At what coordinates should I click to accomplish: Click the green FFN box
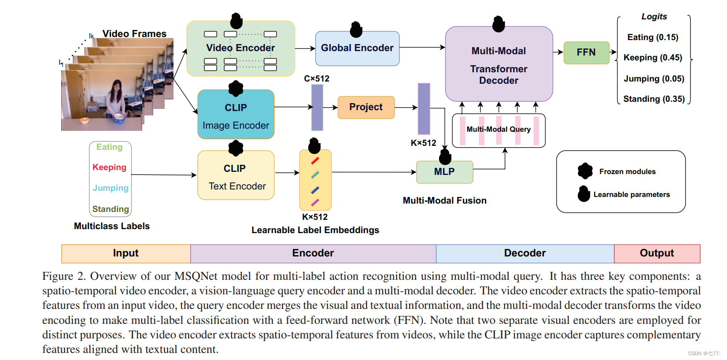point(586,52)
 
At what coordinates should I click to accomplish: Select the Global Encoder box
point(357,48)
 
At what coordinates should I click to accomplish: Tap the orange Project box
point(365,107)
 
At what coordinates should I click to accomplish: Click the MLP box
point(444,172)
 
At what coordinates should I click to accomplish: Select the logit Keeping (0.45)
point(653,58)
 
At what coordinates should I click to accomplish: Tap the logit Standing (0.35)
point(653,99)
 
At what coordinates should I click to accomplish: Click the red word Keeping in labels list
point(109,167)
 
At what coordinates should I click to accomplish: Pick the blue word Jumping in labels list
point(111,188)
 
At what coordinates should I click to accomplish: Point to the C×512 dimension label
point(316,79)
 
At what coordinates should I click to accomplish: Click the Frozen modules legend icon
point(585,171)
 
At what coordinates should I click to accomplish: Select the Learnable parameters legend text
point(631,195)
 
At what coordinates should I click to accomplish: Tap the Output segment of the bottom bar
point(657,253)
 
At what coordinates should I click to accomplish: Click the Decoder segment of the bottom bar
point(524,253)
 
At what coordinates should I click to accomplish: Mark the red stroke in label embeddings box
point(315,161)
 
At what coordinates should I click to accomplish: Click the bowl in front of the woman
point(119,118)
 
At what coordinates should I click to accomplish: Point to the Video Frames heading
point(134,34)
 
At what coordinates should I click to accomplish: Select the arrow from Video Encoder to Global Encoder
point(305,48)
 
